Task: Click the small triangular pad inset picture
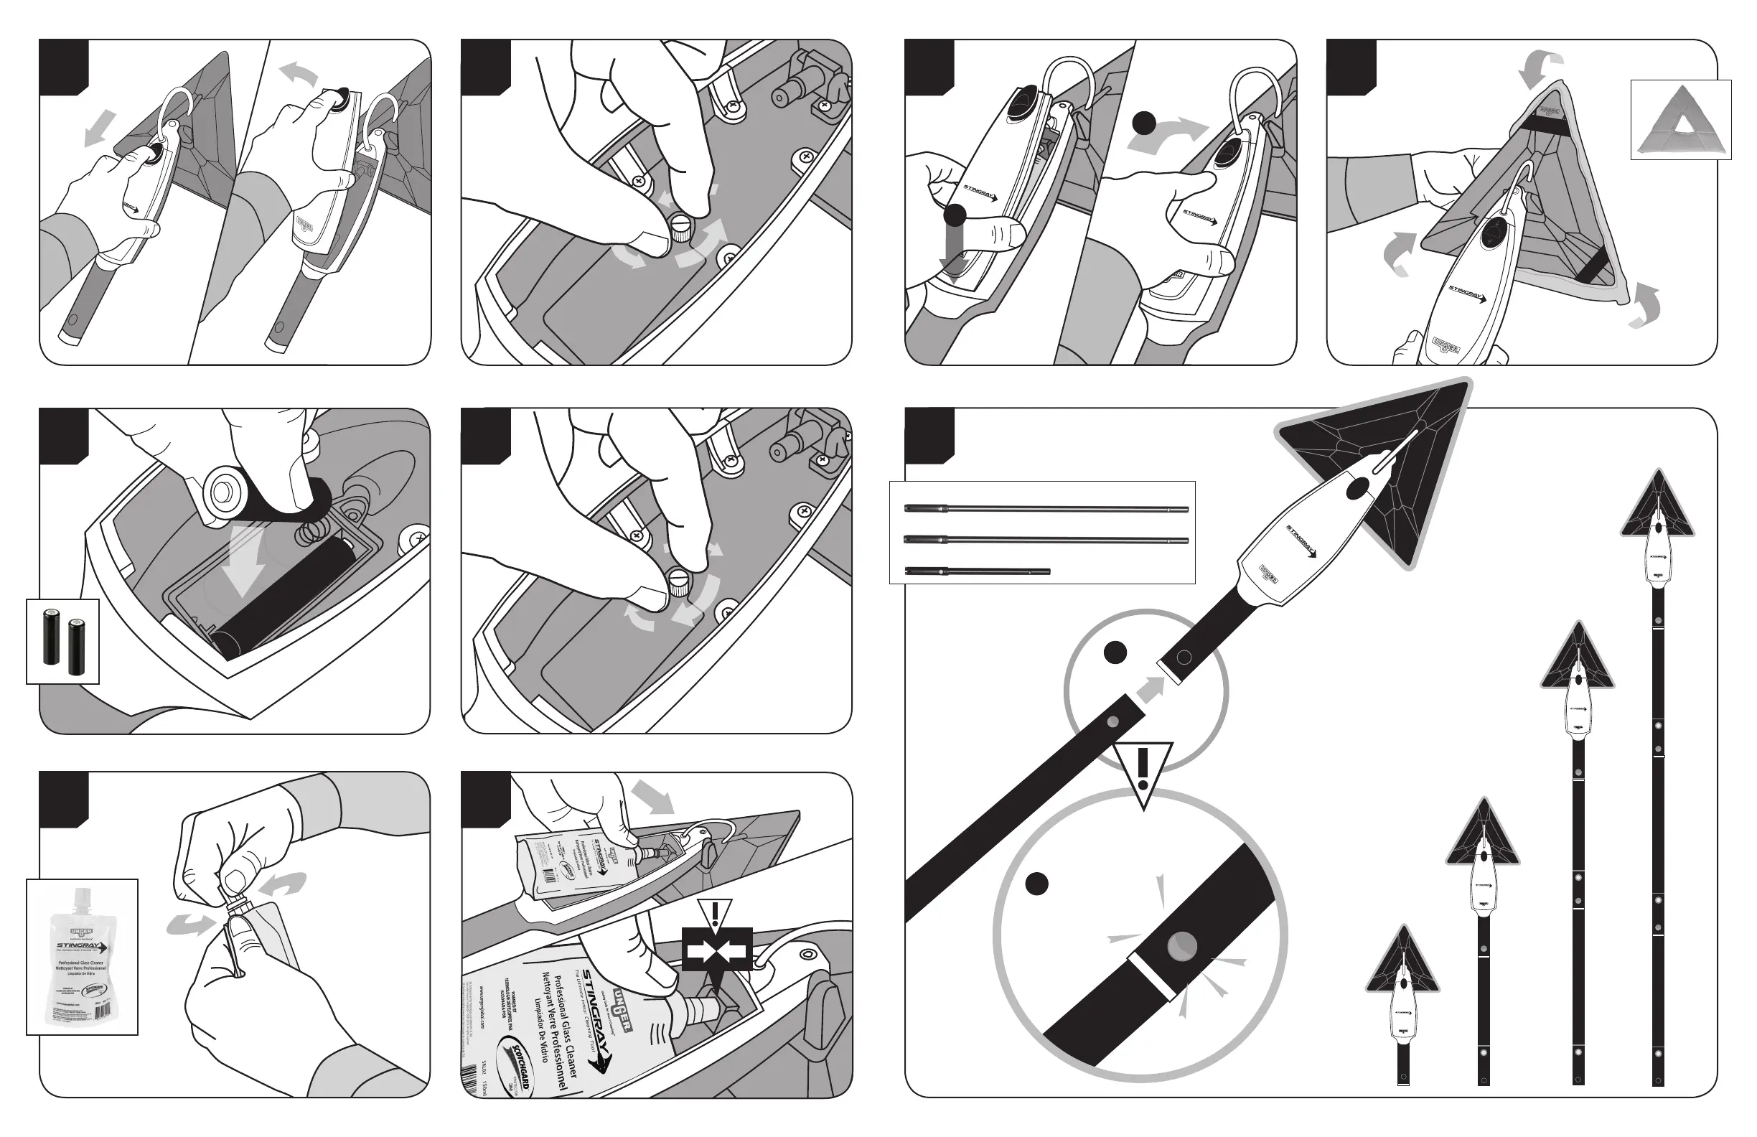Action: point(1680,119)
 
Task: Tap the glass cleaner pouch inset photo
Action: point(82,956)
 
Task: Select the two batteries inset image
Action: point(62,641)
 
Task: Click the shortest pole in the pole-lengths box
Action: point(976,571)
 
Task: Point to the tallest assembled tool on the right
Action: point(1657,775)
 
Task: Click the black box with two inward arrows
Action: point(716,948)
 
